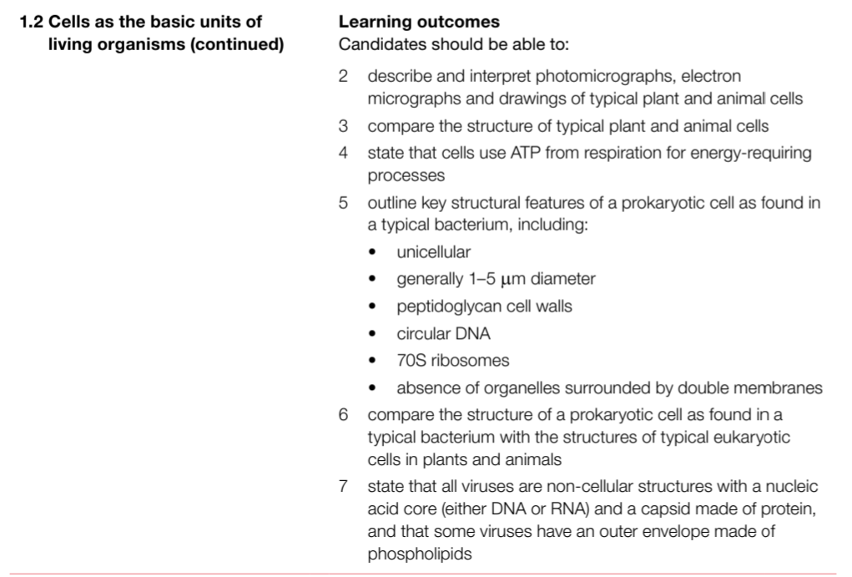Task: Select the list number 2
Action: tap(344, 77)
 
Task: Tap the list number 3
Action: tap(344, 127)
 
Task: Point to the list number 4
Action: tap(344, 154)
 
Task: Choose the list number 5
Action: tap(344, 205)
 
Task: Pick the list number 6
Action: tap(344, 415)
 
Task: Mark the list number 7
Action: tap(344, 486)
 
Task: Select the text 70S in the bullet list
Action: tap(411, 361)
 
